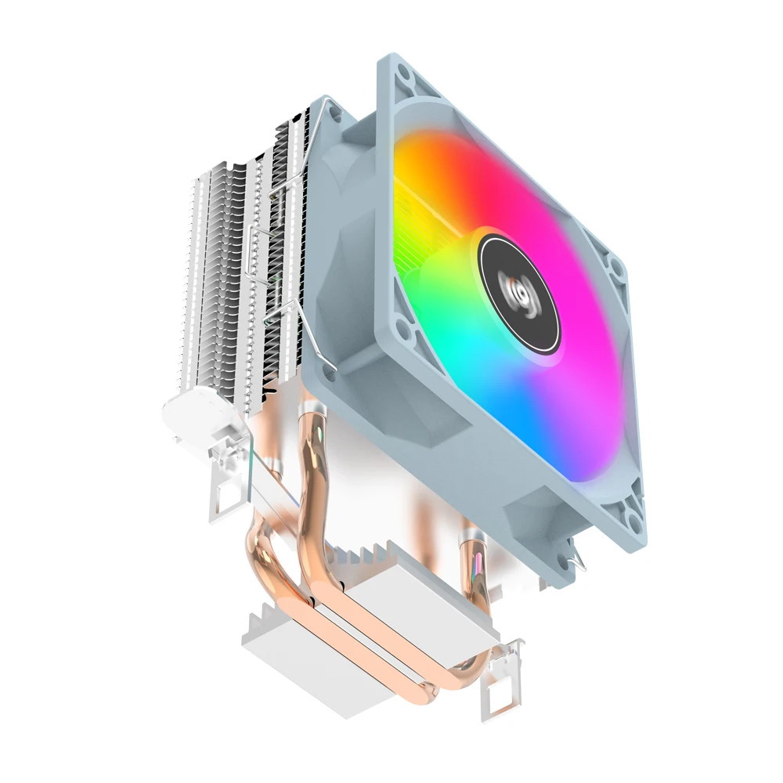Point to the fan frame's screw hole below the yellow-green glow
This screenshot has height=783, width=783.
pyautogui.click(x=402, y=324)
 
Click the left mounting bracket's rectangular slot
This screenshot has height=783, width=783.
pyautogui.click(x=228, y=494)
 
